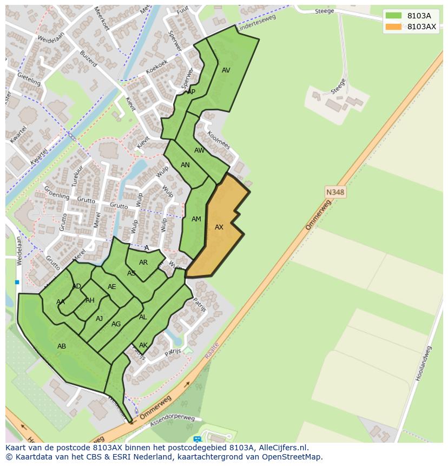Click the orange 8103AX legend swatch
(x=393, y=27)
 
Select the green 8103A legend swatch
(x=393, y=16)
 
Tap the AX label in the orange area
(x=219, y=227)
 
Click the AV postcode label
(x=226, y=70)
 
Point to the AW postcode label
(x=200, y=150)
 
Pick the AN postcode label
(x=185, y=165)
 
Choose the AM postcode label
(x=196, y=219)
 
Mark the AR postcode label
(x=143, y=262)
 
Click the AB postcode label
(x=62, y=346)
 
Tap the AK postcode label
(x=143, y=345)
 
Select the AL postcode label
(x=143, y=317)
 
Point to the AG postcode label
(x=116, y=324)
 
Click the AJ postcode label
(x=99, y=319)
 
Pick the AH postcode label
(x=90, y=300)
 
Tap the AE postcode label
(x=112, y=287)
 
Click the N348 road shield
(x=335, y=192)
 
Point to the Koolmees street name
(x=219, y=141)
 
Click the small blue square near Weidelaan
(x=17, y=282)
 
